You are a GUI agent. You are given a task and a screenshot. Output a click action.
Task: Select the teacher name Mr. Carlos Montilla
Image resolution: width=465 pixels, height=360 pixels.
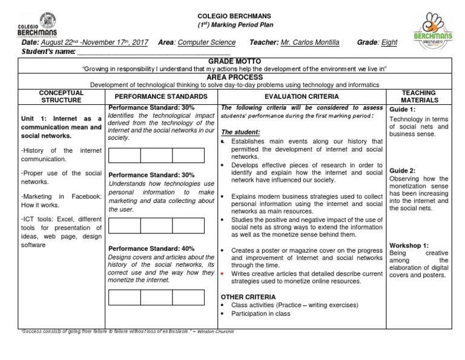[x=310, y=42]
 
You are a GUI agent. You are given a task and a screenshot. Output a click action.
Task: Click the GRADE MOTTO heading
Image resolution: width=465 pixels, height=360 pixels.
[x=234, y=62]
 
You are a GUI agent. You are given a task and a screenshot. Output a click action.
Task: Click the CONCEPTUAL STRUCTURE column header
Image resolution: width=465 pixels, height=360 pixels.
[x=61, y=96]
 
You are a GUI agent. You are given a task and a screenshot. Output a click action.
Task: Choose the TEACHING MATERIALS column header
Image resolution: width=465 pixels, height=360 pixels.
[x=418, y=96]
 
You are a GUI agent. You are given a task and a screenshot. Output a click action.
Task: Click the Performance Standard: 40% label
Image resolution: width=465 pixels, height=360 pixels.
[x=151, y=248]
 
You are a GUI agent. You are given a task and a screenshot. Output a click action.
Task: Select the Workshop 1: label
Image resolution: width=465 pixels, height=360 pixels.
[x=409, y=245]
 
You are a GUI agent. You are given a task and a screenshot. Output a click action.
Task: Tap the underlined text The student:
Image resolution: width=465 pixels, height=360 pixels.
[x=240, y=132]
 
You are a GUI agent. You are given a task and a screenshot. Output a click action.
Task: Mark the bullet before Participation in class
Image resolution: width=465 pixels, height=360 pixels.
[x=224, y=314]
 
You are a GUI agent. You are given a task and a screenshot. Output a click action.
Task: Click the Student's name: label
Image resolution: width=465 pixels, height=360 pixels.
[x=48, y=52]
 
